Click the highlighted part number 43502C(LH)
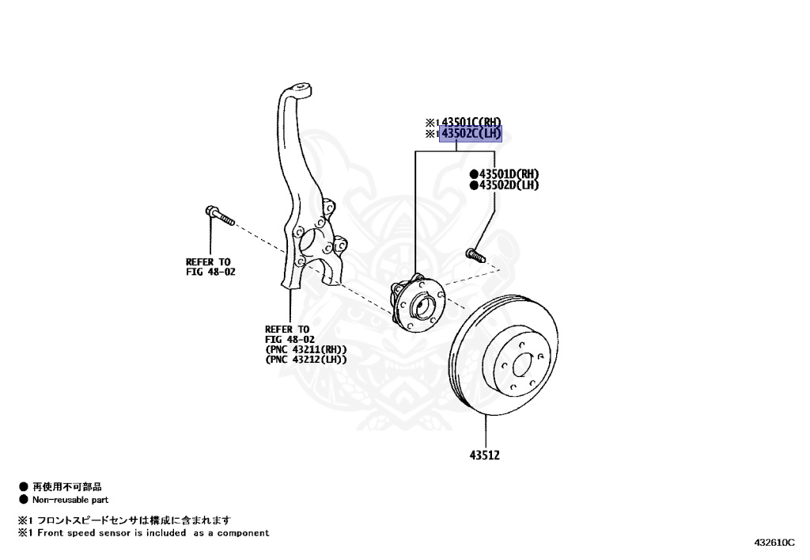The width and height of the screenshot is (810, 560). click(x=471, y=134)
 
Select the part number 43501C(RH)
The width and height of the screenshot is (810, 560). click(x=471, y=122)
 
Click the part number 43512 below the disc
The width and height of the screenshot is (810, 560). click(x=485, y=455)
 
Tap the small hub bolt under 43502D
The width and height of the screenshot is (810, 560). click(x=473, y=255)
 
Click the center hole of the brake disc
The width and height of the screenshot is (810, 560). click(x=521, y=364)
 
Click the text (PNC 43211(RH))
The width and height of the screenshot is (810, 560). click(x=306, y=349)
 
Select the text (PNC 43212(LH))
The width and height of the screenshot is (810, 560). click(x=306, y=360)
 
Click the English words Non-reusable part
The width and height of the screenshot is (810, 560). click(x=70, y=500)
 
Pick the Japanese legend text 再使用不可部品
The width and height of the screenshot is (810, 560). click(x=67, y=487)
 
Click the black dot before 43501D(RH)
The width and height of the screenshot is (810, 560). click(x=474, y=174)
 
